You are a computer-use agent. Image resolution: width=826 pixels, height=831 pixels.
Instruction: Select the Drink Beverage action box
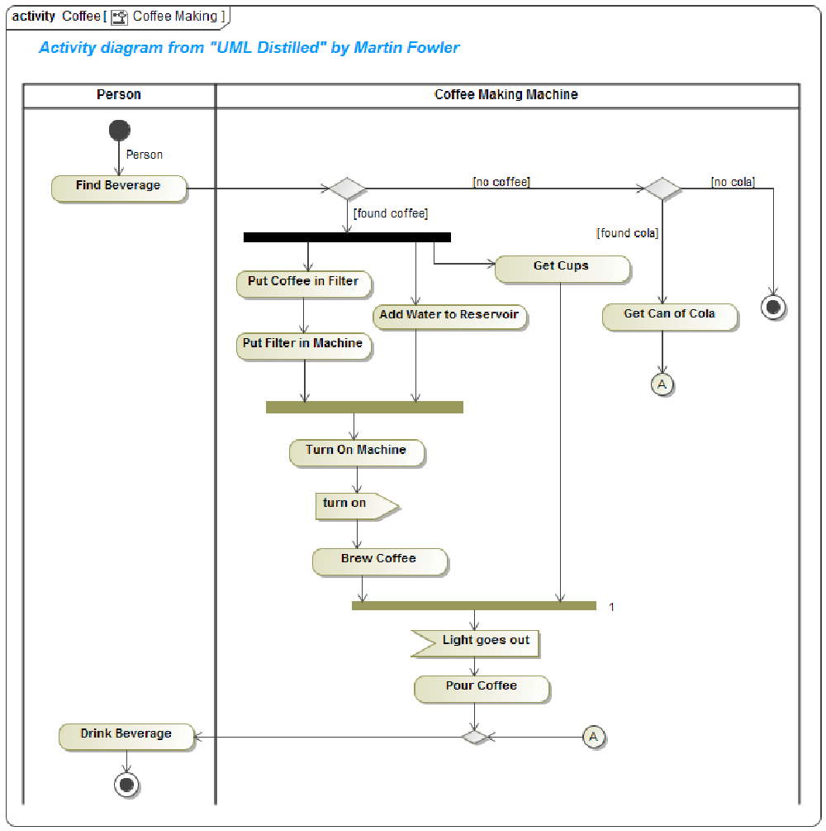pyautogui.click(x=126, y=735)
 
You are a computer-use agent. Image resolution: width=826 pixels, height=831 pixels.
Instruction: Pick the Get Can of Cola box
pyautogui.click(x=669, y=315)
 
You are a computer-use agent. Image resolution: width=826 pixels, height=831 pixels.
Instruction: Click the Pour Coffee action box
pyautogui.click(x=482, y=687)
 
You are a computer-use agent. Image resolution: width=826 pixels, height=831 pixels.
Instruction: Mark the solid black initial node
pyautogui.click(x=119, y=130)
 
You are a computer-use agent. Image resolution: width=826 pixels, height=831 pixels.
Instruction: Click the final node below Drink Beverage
pyautogui.click(x=126, y=785)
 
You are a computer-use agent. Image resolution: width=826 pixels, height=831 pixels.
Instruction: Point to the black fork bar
pyautogui.click(x=347, y=237)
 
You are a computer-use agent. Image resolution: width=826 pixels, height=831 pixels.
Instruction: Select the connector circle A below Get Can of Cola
pyautogui.click(x=662, y=384)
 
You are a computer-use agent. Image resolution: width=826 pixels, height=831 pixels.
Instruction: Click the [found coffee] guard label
pyautogui.click(x=391, y=213)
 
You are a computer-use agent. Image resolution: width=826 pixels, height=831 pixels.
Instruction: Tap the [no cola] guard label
pyautogui.click(x=733, y=182)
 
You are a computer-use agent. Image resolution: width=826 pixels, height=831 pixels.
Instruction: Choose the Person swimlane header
pyautogui.click(x=119, y=95)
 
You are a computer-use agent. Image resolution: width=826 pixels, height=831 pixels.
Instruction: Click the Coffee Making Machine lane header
pyautogui.click(x=506, y=95)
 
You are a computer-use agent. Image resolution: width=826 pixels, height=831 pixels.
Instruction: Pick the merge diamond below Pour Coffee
pyautogui.click(x=475, y=736)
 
